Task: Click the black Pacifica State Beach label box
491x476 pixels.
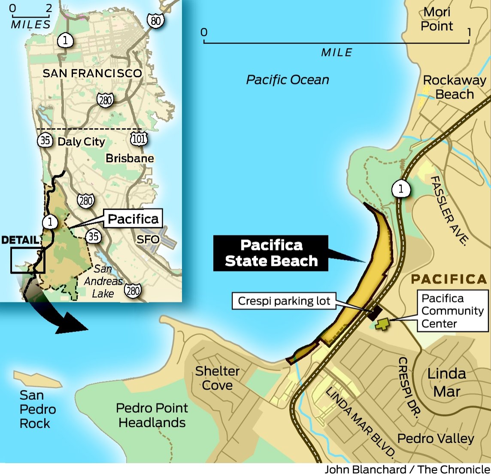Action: pyautogui.click(x=271, y=253)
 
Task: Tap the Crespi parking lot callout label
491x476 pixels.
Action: pyautogui.click(x=284, y=301)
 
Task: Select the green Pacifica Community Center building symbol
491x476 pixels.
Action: pyautogui.click(x=381, y=324)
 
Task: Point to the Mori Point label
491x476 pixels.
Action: pyautogui.click(x=436, y=19)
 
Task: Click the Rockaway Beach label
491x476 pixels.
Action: pyautogui.click(x=454, y=87)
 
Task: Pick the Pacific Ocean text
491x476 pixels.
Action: pyautogui.click(x=288, y=80)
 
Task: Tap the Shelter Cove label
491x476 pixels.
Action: pyautogui.click(x=217, y=378)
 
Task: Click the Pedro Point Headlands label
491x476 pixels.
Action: pyautogui.click(x=152, y=415)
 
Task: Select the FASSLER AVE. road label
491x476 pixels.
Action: pyautogui.click(x=448, y=210)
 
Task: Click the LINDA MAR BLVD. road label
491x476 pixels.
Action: pyautogui.click(x=360, y=422)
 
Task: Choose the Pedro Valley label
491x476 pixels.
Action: pyautogui.click(x=436, y=438)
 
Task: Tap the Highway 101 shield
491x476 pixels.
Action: pyautogui.click(x=138, y=139)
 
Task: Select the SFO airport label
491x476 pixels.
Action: pyautogui.click(x=148, y=239)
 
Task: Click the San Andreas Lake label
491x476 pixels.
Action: pyautogui.click(x=103, y=281)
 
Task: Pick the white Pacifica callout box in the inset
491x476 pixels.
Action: pyautogui.click(x=133, y=219)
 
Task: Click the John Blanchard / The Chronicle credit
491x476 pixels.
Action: pyautogui.click(x=407, y=470)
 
